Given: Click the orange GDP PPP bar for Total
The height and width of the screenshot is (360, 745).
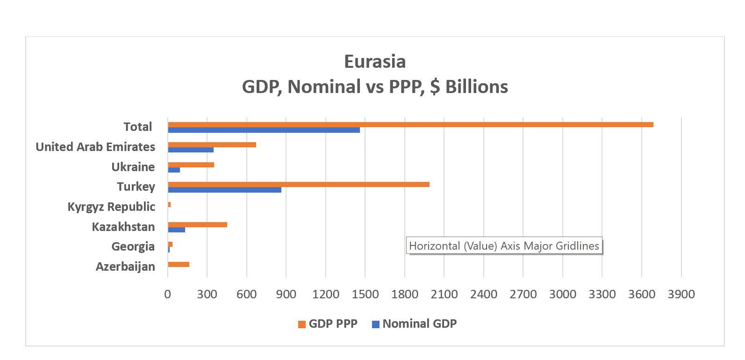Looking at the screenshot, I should click(410, 124).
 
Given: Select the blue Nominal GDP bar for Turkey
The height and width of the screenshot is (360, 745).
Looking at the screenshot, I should click(225, 190).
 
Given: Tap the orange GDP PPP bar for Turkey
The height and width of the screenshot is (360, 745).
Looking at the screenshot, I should click(299, 184).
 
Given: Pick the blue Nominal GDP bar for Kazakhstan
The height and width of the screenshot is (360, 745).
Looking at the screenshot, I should click(177, 230).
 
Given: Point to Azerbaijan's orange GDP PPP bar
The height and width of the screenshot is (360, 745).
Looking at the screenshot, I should click(179, 265).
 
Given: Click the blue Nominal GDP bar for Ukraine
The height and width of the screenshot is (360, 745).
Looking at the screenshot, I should click(174, 170).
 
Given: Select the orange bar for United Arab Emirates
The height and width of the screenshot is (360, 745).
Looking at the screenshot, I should click(212, 144).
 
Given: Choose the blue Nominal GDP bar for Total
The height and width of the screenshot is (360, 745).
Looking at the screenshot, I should click(264, 130).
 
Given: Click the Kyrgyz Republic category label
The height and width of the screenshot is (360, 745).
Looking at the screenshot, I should click(111, 207).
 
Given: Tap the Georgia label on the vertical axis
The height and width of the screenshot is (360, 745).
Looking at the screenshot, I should click(133, 246).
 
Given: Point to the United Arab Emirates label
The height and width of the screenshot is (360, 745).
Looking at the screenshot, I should click(95, 147).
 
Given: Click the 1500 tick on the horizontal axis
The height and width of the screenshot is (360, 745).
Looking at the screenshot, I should click(365, 294).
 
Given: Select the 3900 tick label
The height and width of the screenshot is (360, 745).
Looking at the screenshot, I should click(681, 294).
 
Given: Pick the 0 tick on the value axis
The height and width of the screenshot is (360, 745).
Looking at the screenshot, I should click(168, 294).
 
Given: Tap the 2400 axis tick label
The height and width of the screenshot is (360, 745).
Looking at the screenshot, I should click(483, 294).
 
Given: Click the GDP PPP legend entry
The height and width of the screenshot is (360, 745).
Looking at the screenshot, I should click(328, 324).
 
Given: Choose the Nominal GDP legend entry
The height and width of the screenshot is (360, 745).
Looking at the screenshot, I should click(415, 324).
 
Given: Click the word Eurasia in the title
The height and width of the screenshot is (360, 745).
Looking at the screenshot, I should click(375, 62).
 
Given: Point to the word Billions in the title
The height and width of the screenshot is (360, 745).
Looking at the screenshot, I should click(476, 86).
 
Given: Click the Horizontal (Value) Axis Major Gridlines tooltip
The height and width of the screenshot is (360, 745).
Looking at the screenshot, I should click(504, 246).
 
